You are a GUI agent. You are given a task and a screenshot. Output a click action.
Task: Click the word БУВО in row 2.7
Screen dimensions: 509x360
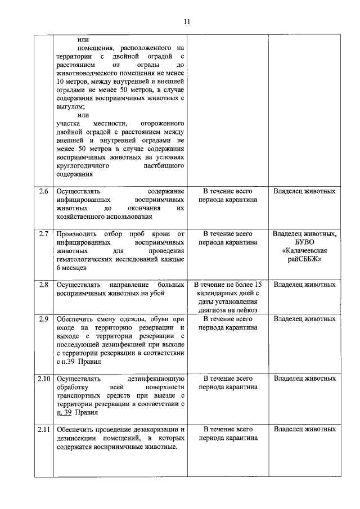click(304, 242)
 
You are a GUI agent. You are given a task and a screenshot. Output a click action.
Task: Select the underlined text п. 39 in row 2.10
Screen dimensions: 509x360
click(64, 412)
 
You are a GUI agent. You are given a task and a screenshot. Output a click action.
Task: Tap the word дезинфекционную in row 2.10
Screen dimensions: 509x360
click(156, 379)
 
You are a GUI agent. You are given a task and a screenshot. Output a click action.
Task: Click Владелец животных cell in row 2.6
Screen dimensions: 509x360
click(304, 191)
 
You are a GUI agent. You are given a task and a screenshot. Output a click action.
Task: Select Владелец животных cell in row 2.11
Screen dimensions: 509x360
click(304, 430)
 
